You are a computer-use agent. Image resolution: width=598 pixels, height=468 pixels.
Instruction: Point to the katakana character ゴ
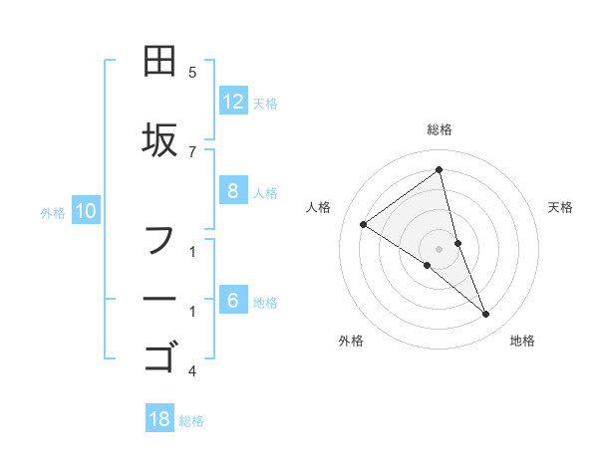pos(160,355)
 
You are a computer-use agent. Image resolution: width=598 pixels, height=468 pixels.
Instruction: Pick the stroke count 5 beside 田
pos(192,73)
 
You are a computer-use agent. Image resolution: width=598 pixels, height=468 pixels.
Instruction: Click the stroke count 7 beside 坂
pos(192,151)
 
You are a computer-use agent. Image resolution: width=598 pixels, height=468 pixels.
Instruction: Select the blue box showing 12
pos(233,102)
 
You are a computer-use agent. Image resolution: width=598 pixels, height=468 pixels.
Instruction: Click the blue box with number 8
pos(233,191)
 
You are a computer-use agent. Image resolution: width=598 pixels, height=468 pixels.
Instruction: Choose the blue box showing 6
pos(233,301)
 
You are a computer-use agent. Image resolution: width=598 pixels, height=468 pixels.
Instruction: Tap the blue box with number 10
pos(86,210)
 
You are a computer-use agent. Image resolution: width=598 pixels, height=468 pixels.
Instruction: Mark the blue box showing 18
pos(159,419)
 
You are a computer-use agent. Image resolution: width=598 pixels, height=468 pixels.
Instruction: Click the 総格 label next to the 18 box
pos(191,421)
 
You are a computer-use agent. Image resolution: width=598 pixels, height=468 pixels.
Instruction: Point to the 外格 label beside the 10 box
pos(53,212)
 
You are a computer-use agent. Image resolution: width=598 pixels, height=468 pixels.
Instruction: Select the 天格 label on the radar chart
pos(561,207)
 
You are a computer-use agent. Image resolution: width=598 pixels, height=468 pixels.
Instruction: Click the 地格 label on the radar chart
pos(522,341)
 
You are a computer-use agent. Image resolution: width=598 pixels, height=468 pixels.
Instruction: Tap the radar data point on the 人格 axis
pos(363,224)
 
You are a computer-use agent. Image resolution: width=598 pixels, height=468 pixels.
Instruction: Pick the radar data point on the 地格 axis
pos(486,315)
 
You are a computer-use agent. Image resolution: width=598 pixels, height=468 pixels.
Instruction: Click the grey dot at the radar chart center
pos(440,248)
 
